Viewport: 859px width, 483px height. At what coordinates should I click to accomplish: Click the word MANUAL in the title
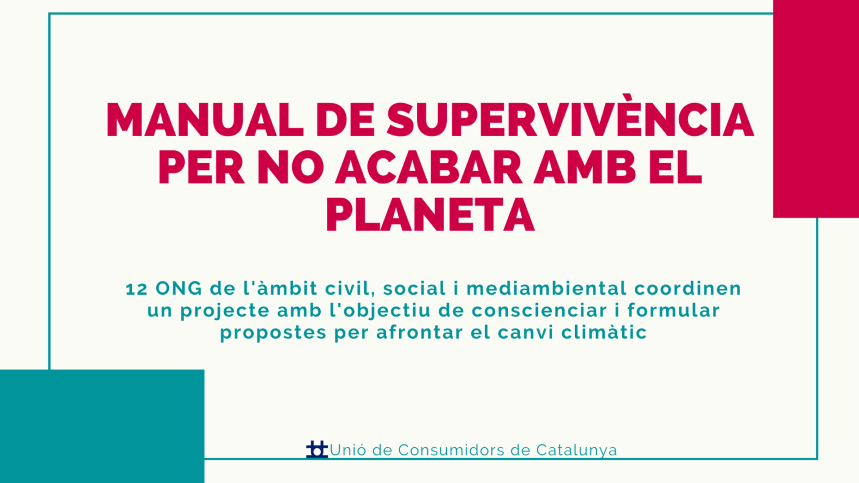click(205, 119)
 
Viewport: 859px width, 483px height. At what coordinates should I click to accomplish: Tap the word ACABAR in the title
click(428, 168)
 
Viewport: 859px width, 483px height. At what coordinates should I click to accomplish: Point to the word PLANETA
click(430, 214)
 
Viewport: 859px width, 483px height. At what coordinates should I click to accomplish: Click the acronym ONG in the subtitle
click(179, 289)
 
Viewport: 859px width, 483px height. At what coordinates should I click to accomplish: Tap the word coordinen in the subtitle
click(687, 288)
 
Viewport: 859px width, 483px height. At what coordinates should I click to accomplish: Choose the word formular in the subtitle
click(673, 310)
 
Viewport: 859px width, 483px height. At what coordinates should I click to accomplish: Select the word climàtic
click(604, 332)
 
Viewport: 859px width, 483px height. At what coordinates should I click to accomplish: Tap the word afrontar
click(420, 332)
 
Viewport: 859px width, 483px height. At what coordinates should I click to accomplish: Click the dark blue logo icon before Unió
click(317, 450)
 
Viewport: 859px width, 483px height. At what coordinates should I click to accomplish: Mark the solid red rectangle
click(816, 109)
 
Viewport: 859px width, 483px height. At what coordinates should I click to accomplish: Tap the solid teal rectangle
click(102, 426)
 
